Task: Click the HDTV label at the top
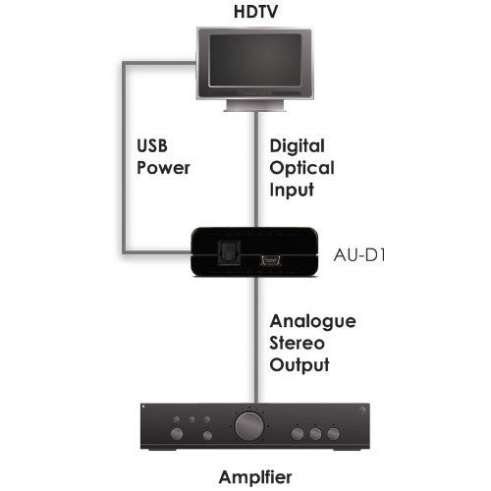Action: point(255,12)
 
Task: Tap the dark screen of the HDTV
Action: point(255,60)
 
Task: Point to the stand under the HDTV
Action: point(255,105)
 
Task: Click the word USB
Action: point(152,146)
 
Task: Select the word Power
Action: point(163,168)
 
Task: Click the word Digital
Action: point(298,146)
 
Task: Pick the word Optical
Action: point(301,168)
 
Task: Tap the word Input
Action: point(292,190)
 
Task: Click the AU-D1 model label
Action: point(359,255)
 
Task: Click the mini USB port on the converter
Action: point(271,261)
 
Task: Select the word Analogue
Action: point(312,322)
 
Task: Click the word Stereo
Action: point(297,343)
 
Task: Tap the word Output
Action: point(300,365)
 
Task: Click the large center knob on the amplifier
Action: point(249,426)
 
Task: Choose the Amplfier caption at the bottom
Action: point(255,477)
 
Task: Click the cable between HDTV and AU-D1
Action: point(256,170)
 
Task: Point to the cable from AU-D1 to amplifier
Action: point(256,340)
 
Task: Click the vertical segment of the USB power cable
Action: point(125,157)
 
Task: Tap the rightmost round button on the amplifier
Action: point(334,434)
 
